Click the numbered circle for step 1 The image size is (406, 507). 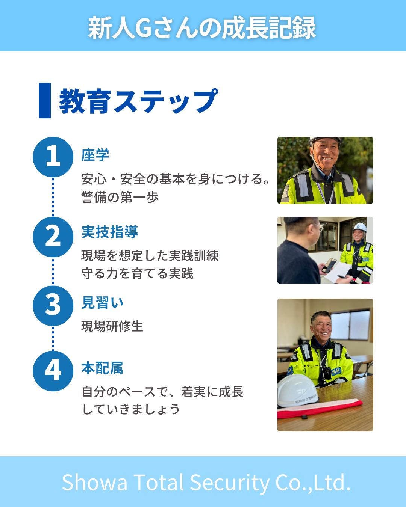pos(53,157)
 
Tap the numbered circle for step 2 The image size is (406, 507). pos(53,237)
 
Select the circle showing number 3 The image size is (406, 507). pos(53,306)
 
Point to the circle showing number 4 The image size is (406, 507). pos(53,371)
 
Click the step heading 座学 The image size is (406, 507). pos(95,155)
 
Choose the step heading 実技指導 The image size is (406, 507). pos(110,232)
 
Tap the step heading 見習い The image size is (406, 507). pos(102,302)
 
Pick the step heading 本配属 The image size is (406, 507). pos(102,368)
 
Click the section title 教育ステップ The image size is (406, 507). pos(138,101)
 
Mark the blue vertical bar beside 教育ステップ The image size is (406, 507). pos(45,101)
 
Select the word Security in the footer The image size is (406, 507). pos(230,483)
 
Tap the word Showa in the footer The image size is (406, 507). pos(94,483)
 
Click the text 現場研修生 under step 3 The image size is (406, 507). pos(112,326)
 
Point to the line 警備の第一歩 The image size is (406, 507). pos(120,197)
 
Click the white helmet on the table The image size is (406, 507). pos(298,391)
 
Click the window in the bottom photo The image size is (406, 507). pos(350,325)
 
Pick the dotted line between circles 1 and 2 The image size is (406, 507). pos(53,197)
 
